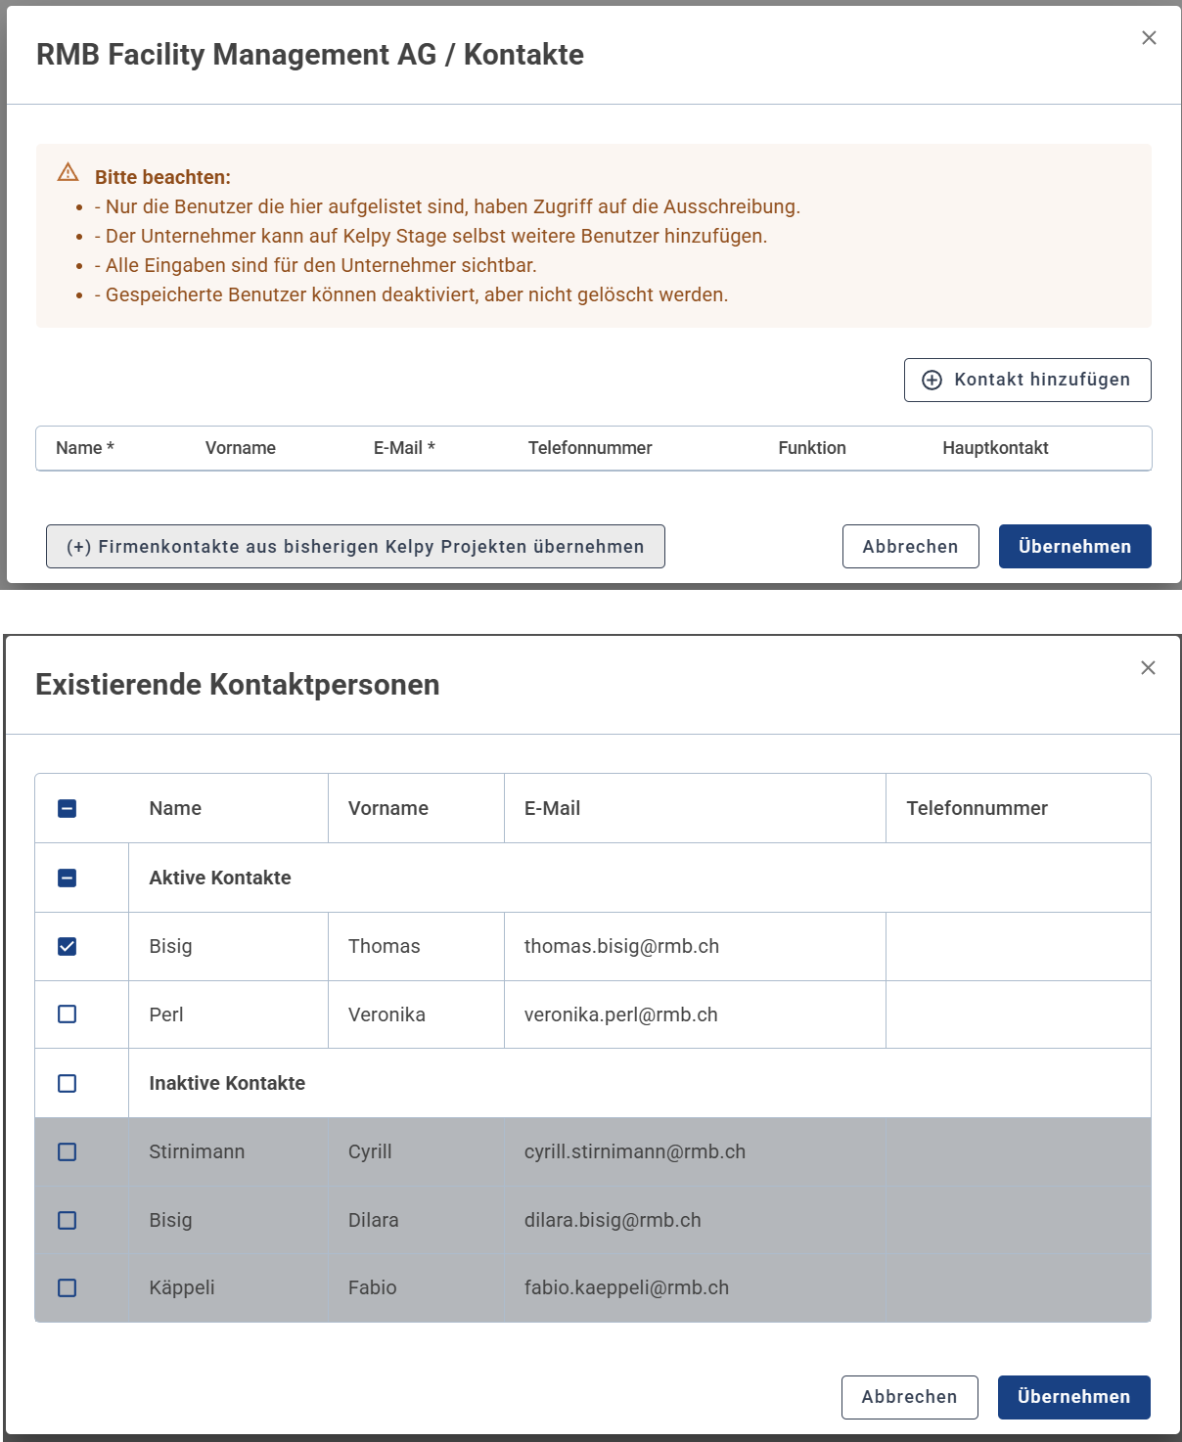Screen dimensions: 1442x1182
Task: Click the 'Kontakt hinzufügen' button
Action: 1027,380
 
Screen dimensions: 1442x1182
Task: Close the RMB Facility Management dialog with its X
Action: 1149,38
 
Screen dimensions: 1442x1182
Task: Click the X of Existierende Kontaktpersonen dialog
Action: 1148,668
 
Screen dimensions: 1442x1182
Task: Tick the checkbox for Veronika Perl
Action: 68,1014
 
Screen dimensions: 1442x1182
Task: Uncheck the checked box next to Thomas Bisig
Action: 68,946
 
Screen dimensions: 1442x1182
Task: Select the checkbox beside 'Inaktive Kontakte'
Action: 68,1083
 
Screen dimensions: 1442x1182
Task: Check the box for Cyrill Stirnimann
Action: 68,1151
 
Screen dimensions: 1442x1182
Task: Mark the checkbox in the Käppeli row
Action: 68,1287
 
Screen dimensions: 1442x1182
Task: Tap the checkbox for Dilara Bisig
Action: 68,1220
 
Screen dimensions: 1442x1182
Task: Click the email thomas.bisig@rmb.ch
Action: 621,946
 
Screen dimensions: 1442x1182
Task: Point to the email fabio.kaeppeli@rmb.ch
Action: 626,1287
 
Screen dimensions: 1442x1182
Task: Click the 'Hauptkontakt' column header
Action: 995,448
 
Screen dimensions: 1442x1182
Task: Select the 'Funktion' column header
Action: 812,448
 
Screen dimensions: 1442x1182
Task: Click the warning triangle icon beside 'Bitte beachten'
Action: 68,173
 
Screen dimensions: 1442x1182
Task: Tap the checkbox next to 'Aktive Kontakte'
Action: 68,878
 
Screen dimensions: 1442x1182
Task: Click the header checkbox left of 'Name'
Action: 68,808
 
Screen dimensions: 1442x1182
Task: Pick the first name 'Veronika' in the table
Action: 386,1014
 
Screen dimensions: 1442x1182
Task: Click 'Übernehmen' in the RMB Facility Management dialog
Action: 1074,547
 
